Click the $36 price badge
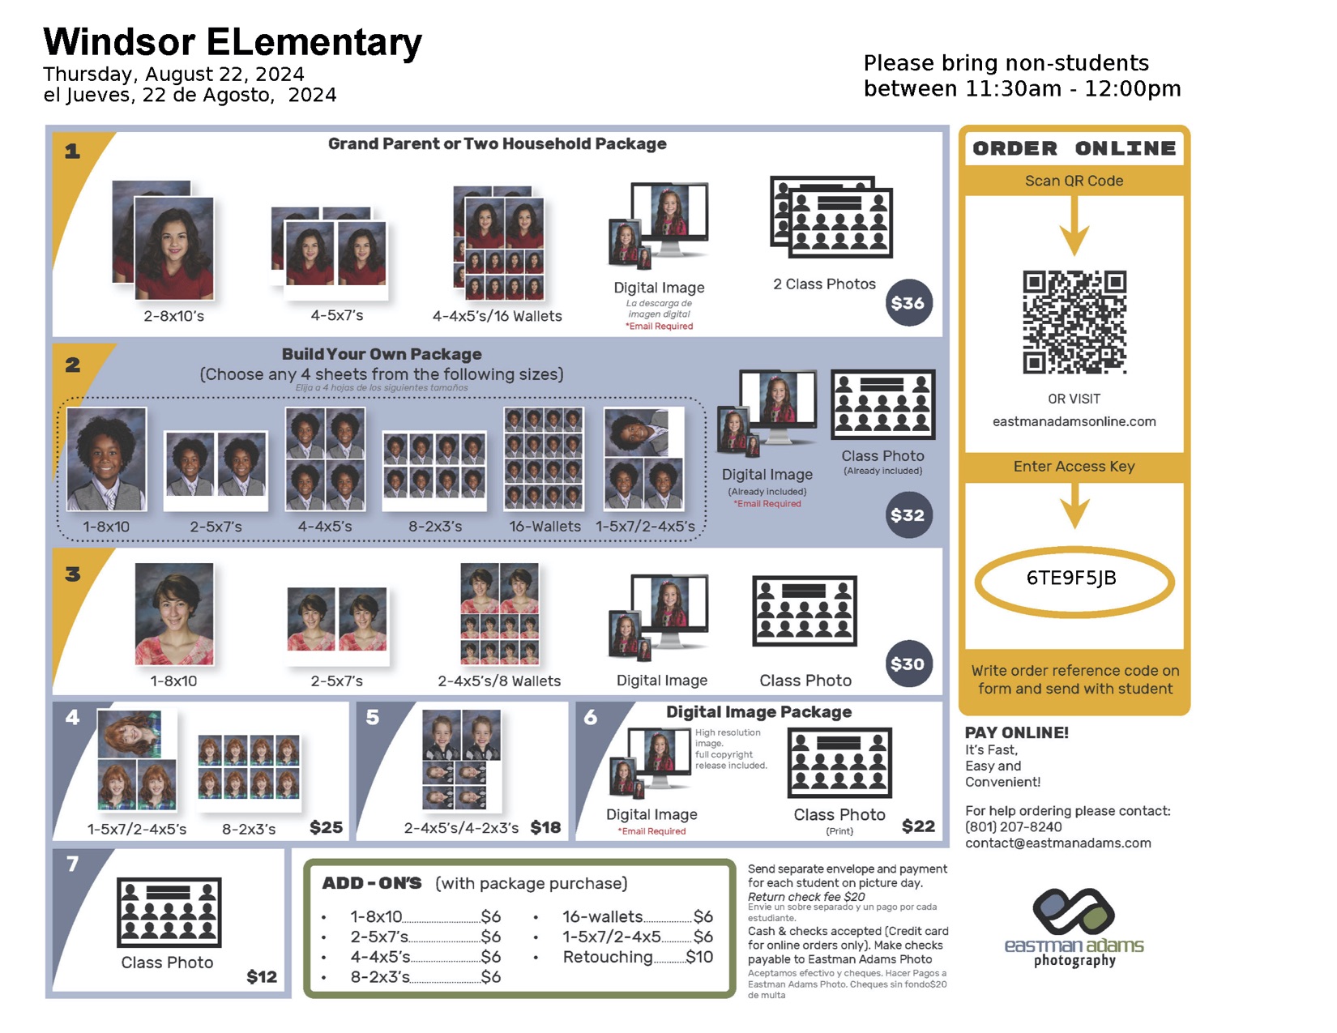[x=908, y=303]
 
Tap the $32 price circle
[x=908, y=514]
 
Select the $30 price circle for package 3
[x=908, y=664]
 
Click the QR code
[x=1074, y=322]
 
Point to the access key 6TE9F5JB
[x=1070, y=578]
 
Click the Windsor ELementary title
[x=233, y=41]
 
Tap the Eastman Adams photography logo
[x=1074, y=927]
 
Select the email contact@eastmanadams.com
[x=1057, y=843]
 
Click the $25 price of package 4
[x=326, y=827]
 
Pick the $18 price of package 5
[x=545, y=827]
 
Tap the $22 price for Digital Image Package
[x=918, y=826]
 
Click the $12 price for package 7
[x=262, y=976]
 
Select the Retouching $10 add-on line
[x=638, y=957]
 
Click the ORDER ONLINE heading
[x=1074, y=148]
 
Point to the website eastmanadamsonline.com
[x=1074, y=421]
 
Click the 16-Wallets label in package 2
[x=545, y=526]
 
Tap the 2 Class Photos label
[x=824, y=284]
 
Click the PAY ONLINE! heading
[x=1016, y=732]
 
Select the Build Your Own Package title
[x=382, y=354]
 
